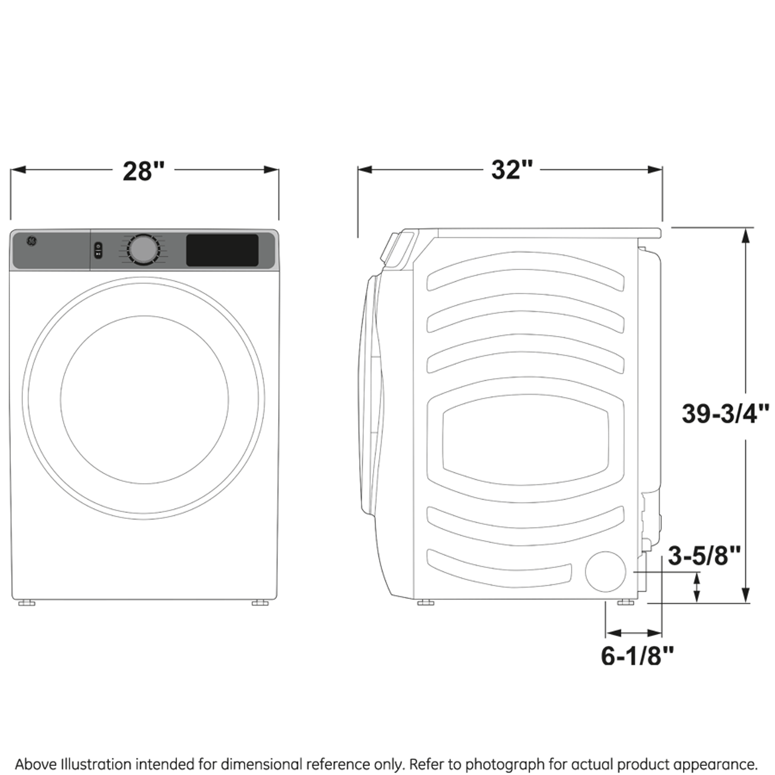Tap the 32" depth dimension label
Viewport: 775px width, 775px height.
pyautogui.click(x=512, y=170)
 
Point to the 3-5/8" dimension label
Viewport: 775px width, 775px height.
pyautogui.click(x=704, y=555)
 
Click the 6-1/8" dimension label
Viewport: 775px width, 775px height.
pyautogui.click(x=637, y=655)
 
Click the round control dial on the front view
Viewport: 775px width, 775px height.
pyautogui.click(x=143, y=249)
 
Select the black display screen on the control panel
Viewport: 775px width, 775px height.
pyautogui.click(x=222, y=250)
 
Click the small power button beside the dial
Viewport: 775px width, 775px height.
pyautogui.click(x=98, y=250)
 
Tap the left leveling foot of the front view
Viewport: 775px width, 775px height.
pyautogui.click(x=26, y=602)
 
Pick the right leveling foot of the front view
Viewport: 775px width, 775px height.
pyautogui.click(x=260, y=602)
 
